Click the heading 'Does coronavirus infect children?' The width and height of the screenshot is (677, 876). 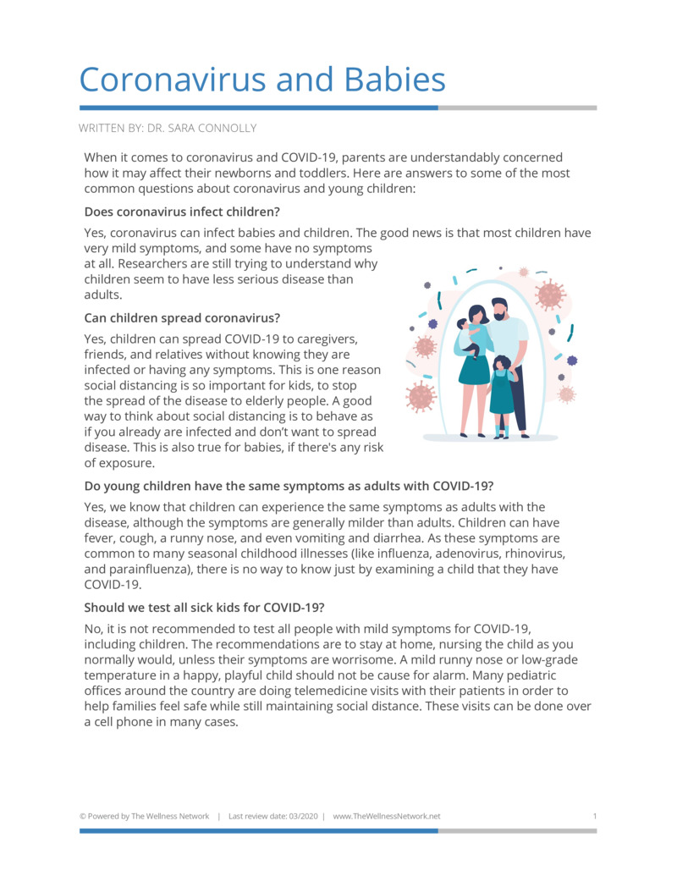click(x=182, y=211)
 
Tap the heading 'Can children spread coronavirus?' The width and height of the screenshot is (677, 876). click(x=182, y=318)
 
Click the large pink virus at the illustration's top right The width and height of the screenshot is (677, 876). click(x=550, y=294)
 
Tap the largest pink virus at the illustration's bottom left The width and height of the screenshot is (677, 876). click(x=421, y=395)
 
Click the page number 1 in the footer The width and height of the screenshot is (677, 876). click(x=595, y=816)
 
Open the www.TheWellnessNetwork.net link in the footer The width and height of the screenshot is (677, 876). click(x=387, y=816)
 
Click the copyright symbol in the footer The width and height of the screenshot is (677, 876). click(x=82, y=816)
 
